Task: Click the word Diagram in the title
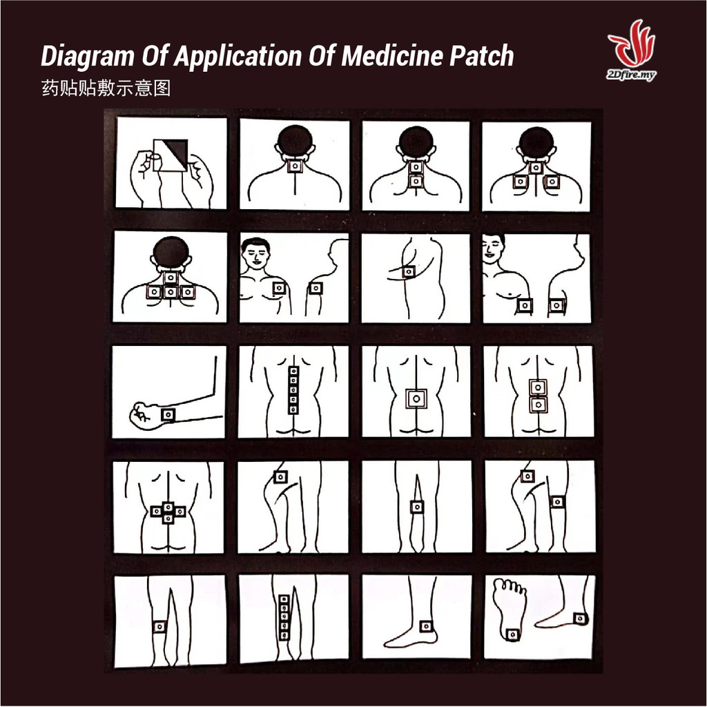(x=87, y=57)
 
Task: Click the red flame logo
(x=632, y=43)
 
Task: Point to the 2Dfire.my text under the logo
(x=631, y=75)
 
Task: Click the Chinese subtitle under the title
(x=106, y=88)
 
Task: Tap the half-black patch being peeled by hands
(x=171, y=155)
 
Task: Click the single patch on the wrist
(x=168, y=414)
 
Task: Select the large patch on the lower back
(x=416, y=398)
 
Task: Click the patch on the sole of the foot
(x=512, y=635)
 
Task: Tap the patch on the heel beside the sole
(x=581, y=619)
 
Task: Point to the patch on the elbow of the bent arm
(x=409, y=272)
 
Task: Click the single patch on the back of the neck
(x=296, y=166)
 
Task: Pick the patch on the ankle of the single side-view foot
(x=426, y=626)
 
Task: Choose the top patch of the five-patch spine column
(x=293, y=371)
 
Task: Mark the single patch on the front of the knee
(x=417, y=507)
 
